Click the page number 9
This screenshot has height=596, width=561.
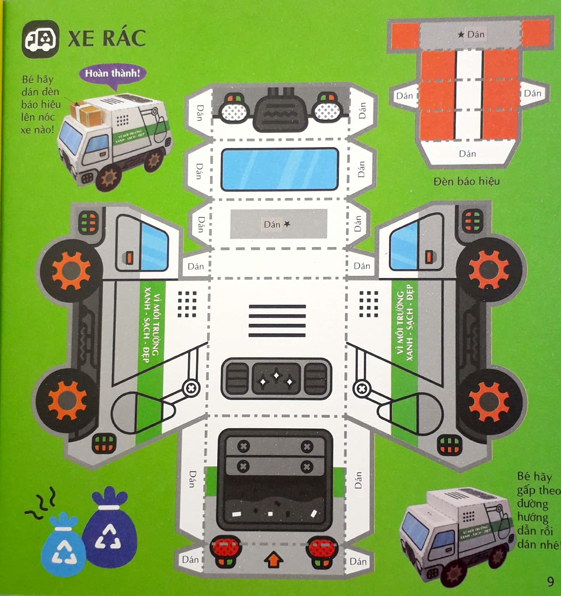(550, 581)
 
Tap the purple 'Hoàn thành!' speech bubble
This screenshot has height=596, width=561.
(112, 74)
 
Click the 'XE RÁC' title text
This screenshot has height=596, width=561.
(107, 39)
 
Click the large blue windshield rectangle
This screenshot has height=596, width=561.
(280, 169)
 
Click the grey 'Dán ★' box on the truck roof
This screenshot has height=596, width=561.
(278, 224)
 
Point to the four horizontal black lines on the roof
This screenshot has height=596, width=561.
(277, 321)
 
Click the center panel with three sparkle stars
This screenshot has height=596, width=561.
(276, 378)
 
